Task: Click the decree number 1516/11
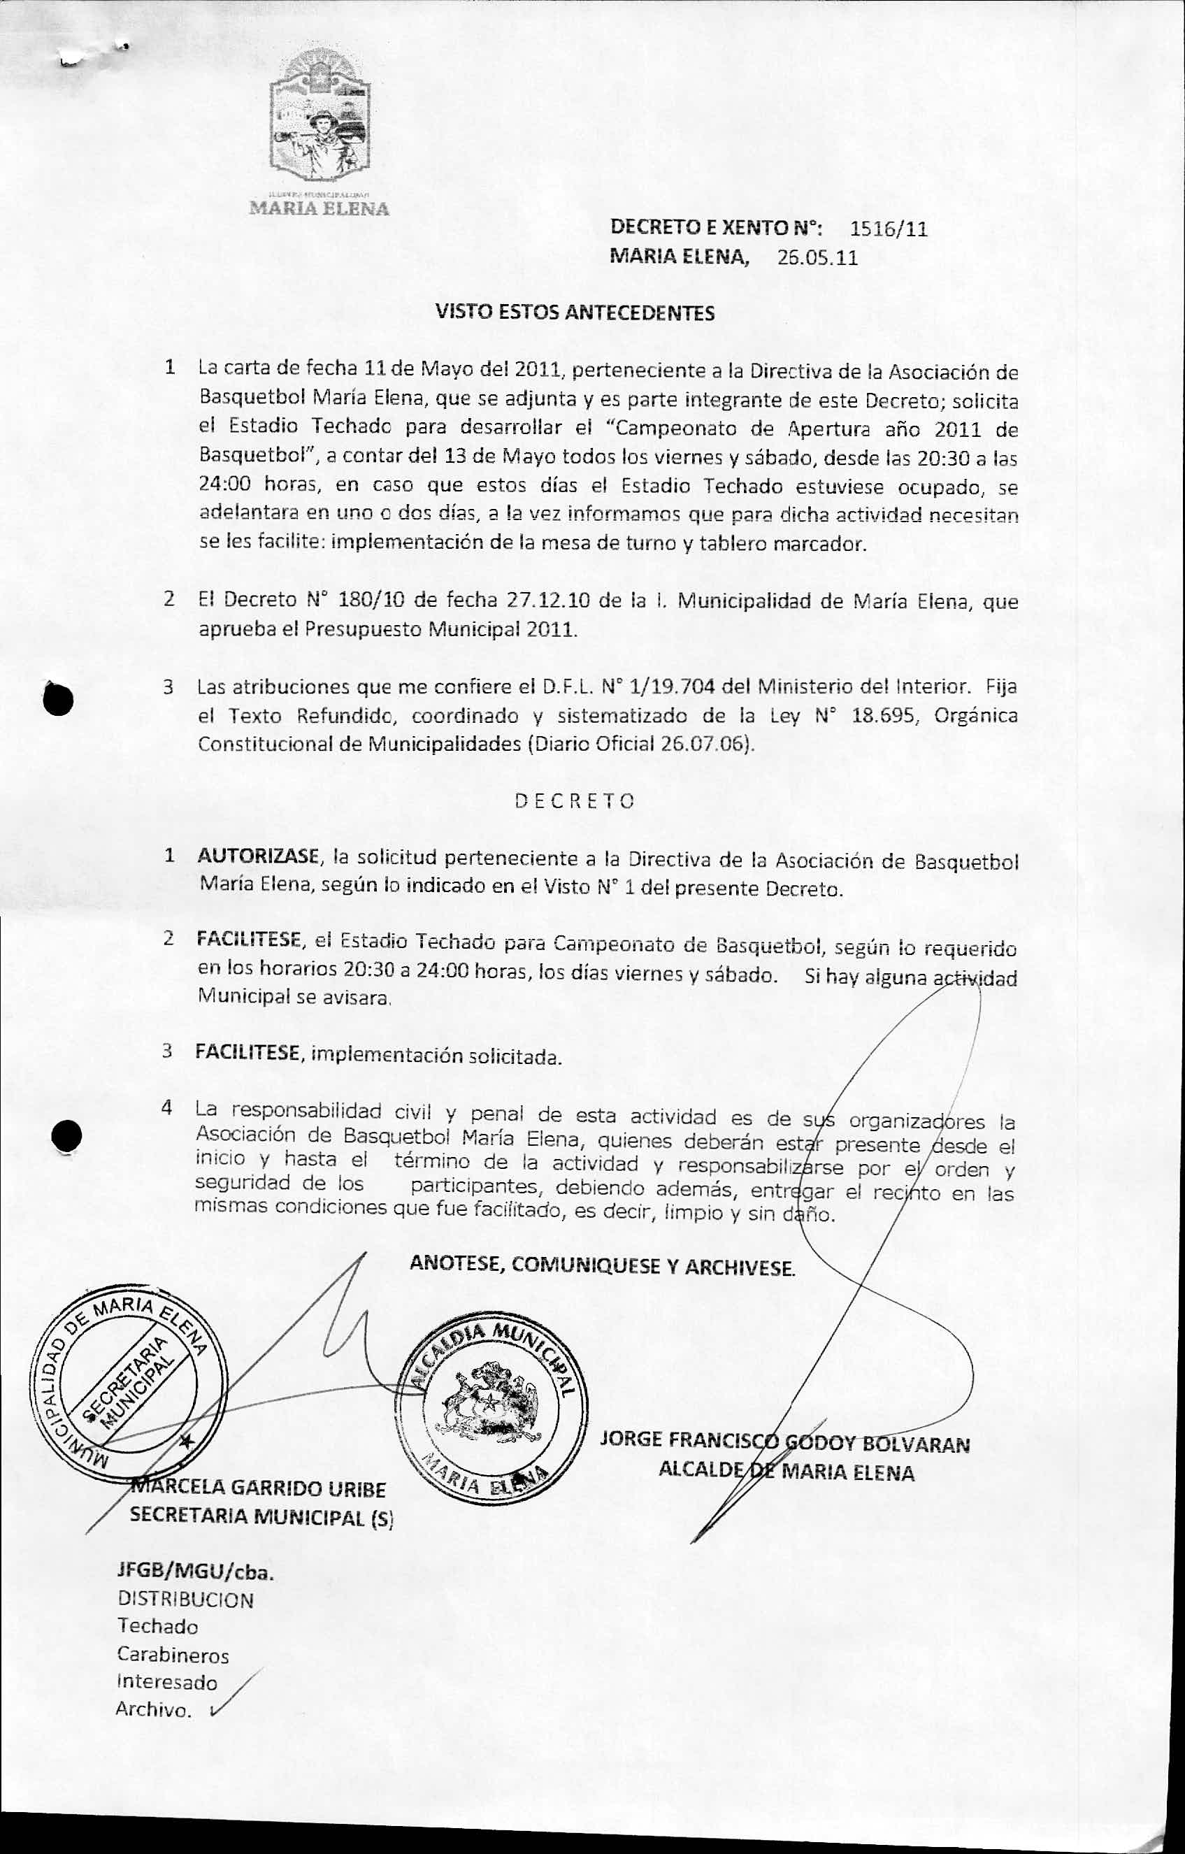[889, 229]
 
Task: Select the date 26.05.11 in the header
[817, 258]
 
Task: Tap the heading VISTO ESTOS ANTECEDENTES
[575, 312]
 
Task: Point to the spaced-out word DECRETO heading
[575, 800]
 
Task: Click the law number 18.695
[886, 715]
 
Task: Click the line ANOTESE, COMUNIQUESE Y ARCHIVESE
[602, 1265]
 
